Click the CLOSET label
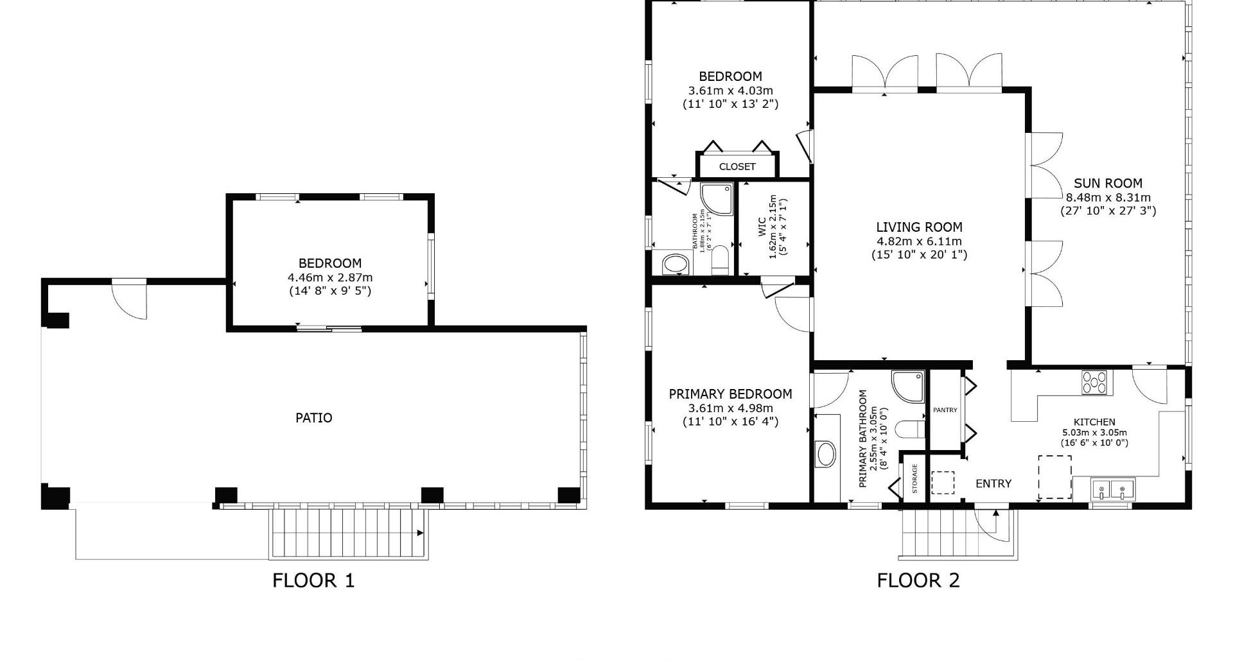(737, 167)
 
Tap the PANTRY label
(945, 410)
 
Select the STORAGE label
(914, 479)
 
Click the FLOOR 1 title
(313, 580)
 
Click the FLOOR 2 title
(918, 580)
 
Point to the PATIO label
(313, 418)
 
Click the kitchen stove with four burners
(1094, 383)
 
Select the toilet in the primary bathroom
(909, 429)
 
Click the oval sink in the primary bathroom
(826, 454)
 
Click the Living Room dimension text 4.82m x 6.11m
(919, 241)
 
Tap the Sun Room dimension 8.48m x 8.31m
(1108, 198)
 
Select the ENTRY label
(993, 484)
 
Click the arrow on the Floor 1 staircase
(420, 533)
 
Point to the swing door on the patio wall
(130, 299)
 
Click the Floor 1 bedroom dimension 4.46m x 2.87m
(330, 278)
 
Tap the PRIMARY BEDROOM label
(730, 394)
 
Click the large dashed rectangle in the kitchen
(1054, 477)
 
